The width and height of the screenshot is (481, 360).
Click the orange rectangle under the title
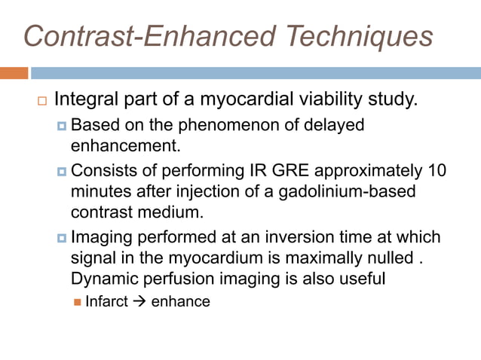tap(14, 73)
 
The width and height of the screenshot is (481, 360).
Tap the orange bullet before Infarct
tap(78, 302)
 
